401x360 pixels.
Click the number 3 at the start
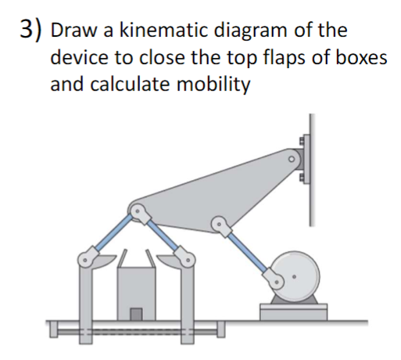tap(27, 31)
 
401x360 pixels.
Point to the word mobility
tap(217, 85)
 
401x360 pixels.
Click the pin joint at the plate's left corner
tap(138, 211)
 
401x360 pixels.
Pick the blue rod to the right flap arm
tap(163, 232)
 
